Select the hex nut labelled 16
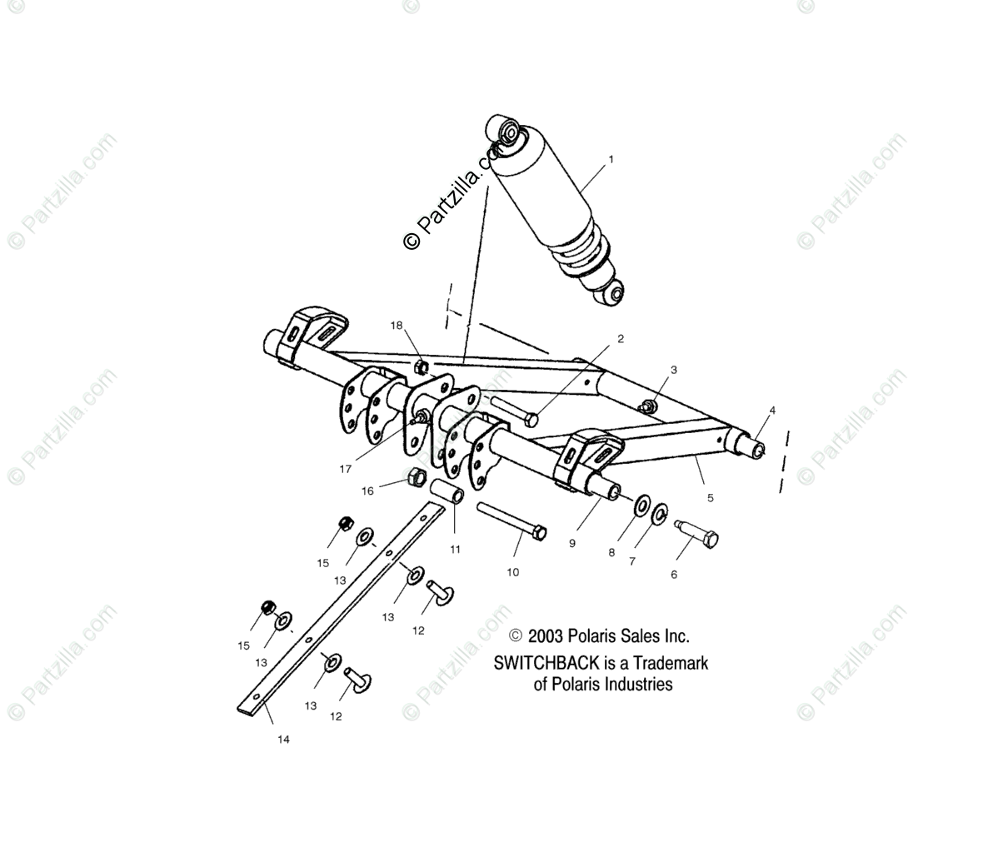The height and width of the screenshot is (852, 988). coord(417,478)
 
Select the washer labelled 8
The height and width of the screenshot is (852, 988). coord(641,506)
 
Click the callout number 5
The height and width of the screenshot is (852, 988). coord(710,498)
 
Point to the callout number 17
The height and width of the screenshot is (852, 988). coord(345,469)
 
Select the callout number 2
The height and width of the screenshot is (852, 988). coord(619,339)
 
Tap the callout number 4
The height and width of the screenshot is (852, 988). coord(771,410)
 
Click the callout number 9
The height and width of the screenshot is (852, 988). coord(571,543)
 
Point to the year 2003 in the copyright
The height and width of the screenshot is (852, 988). coord(546,636)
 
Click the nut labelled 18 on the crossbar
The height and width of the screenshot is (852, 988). coord(422,365)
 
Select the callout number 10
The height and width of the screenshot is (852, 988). coord(512,572)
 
